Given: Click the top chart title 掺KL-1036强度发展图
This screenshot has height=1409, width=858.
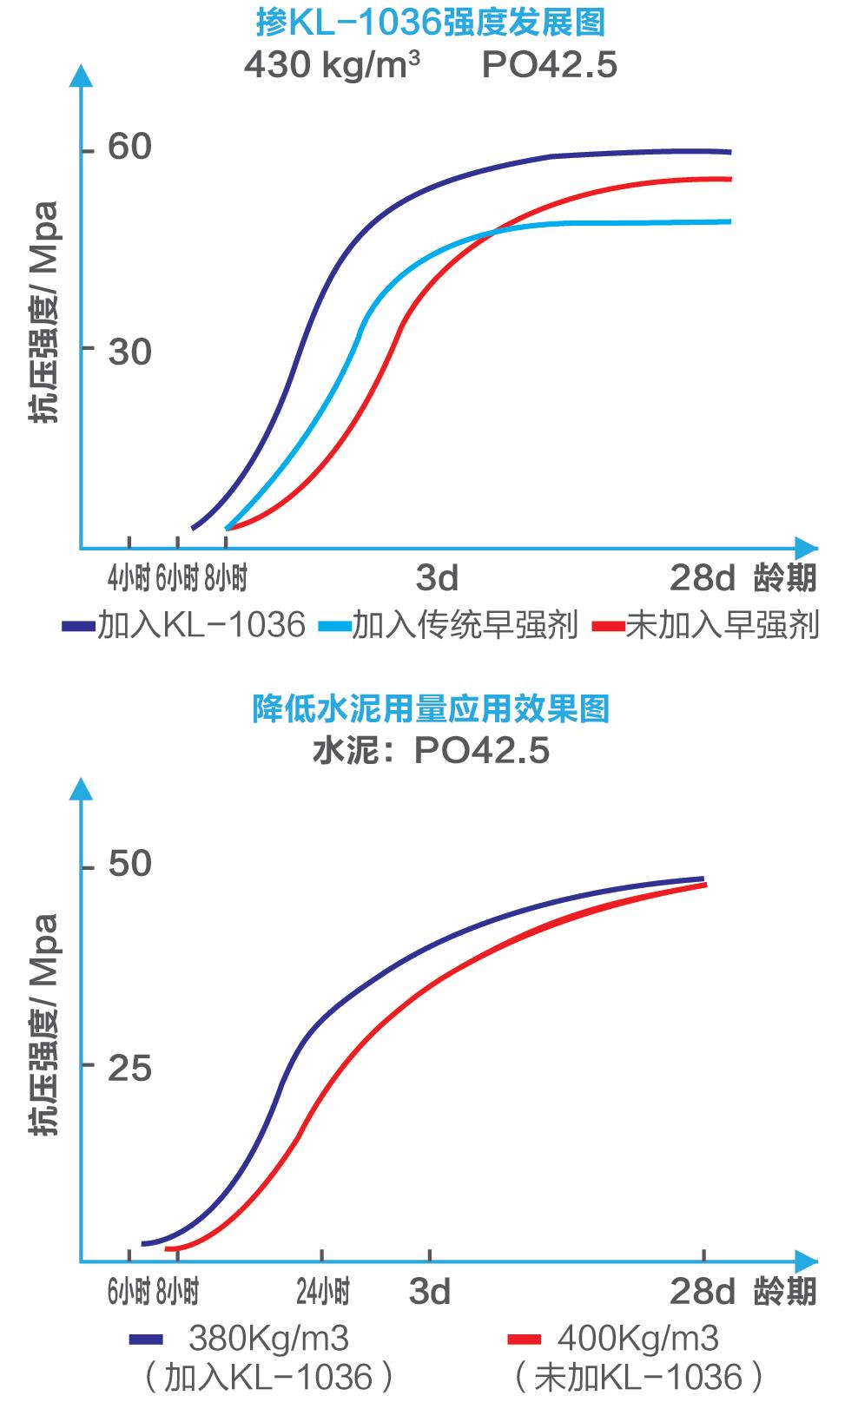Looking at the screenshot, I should click(x=431, y=23).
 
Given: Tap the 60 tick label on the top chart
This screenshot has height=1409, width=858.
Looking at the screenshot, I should click(x=129, y=148).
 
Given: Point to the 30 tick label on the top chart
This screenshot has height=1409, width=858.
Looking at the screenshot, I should click(x=129, y=352).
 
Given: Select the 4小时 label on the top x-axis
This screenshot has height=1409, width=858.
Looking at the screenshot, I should click(x=129, y=578).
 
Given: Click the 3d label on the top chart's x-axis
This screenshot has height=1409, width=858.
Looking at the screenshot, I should click(x=437, y=578).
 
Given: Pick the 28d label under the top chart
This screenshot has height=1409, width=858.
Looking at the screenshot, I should click(x=702, y=578).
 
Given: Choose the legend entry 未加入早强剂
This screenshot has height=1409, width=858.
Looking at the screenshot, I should click(x=722, y=625).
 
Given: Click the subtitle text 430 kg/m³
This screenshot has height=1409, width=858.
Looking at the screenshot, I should click(x=333, y=65).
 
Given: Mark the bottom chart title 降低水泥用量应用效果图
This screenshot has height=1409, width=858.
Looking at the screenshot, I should click(x=431, y=708).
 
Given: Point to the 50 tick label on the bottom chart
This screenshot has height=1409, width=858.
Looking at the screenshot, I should click(x=129, y=865).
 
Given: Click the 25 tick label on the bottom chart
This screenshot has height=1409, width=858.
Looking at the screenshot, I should click(x=129, y=1069).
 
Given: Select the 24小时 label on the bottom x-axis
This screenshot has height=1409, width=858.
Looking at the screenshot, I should click(x=323, y=1293).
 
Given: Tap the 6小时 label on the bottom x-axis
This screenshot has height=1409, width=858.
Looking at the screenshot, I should click(x=129, y=1293).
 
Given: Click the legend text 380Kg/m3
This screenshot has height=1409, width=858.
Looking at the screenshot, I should click(x=268, y=1339).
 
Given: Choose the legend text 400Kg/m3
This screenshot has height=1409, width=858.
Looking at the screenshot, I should click(x=638, y=1339).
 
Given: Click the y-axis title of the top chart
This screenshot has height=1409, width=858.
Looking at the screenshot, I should click(x=43, y=312).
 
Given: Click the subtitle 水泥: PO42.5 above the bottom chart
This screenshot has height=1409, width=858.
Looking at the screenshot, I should click(x=431, y=751).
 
